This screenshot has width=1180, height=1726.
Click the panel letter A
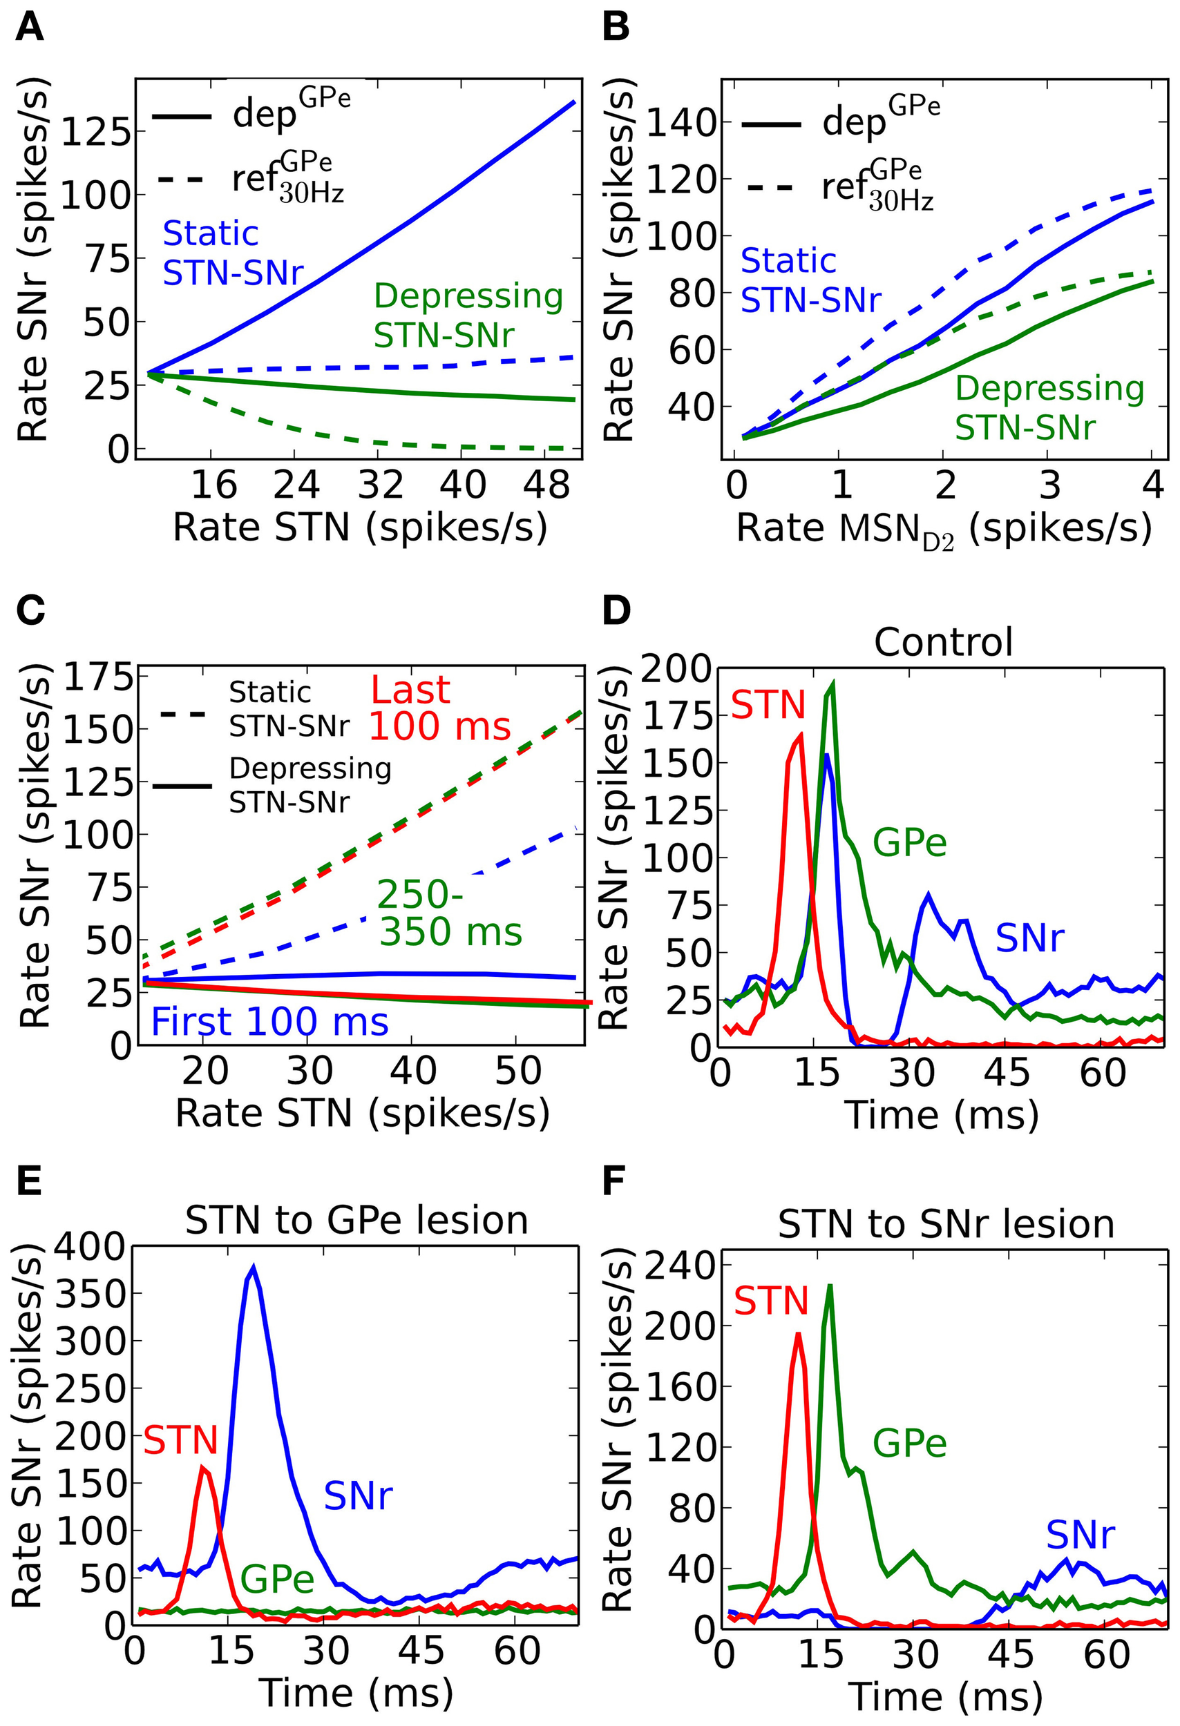(x=30, y=28)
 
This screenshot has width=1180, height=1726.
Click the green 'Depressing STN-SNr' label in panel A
(x=468, y=316)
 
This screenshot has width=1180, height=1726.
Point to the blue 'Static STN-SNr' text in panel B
(x=810, y=281)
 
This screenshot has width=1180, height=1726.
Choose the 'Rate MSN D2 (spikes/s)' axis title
(x=944, y=530)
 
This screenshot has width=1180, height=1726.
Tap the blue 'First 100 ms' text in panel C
(x=269, y=1021)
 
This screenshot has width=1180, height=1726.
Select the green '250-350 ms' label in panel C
(x=449, y=913)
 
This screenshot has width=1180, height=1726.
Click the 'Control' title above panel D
(x=943, y=641)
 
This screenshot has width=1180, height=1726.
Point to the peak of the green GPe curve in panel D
(x=833, y=683)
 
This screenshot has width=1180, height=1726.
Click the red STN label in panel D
(x=768, y=704)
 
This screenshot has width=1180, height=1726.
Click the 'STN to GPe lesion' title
(x=356, y=1219)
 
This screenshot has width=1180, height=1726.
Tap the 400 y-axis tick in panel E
(x=92, y=1248)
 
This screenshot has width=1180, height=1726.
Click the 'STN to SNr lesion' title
(x=945, y=1223)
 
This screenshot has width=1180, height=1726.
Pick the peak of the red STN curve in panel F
(x=798, y=1334)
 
